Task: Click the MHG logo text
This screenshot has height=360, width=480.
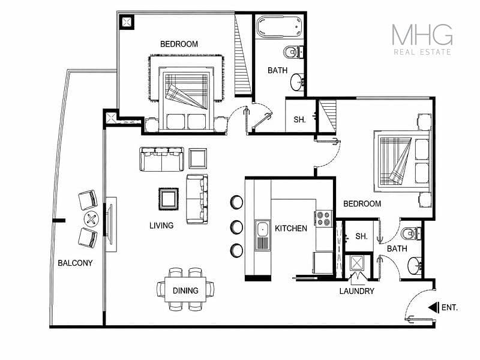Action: point(422,35)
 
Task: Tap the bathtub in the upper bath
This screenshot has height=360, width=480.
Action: point(279,26)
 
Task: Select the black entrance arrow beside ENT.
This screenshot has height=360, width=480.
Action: point(432,307)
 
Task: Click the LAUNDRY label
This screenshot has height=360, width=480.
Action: point(356,291)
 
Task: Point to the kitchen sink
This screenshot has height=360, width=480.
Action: point(263,235)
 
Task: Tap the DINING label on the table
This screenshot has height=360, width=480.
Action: point(185,290)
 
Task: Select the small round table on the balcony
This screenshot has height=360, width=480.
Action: point(91,219)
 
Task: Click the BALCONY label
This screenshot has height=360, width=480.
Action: point(75,263)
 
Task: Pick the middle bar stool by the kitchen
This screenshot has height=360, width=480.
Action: point(236,227)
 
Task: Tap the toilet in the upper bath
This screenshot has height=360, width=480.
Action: point(292,52)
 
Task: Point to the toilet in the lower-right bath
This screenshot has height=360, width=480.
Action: point(411,234)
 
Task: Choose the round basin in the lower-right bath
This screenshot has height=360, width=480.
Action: point(415,266)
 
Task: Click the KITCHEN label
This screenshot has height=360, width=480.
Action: point(291,229)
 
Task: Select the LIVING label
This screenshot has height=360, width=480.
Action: point(161,226)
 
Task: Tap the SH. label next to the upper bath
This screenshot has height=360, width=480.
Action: point(299,119)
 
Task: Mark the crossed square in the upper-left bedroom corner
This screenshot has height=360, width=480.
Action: point(127,22)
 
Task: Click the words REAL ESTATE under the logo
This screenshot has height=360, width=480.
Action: point(422,52)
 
